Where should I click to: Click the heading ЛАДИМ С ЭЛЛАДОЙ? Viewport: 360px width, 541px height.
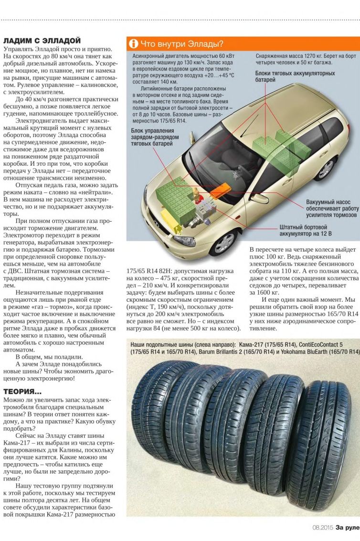tap(42, 41)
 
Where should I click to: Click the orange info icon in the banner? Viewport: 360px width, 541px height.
tap(134, 44)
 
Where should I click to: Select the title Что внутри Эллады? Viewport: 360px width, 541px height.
tap(181, 44)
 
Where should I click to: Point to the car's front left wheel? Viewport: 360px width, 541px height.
tap(224, 243)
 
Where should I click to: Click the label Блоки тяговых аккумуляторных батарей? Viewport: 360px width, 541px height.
tap(295, 76)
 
